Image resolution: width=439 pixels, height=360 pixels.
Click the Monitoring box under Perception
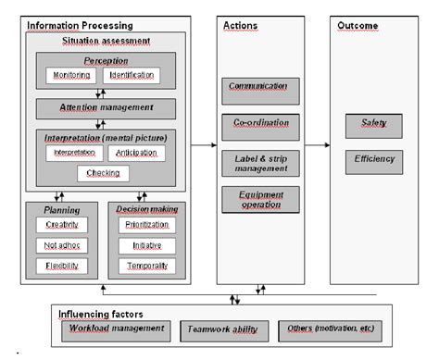pos(71,75)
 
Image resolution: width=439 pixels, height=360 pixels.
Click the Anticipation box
pos(136,152)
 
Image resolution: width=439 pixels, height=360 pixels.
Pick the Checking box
pos(103,173)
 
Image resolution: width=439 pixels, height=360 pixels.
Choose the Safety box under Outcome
pos(374,124)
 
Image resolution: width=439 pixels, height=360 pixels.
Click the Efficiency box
pos(374,160)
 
